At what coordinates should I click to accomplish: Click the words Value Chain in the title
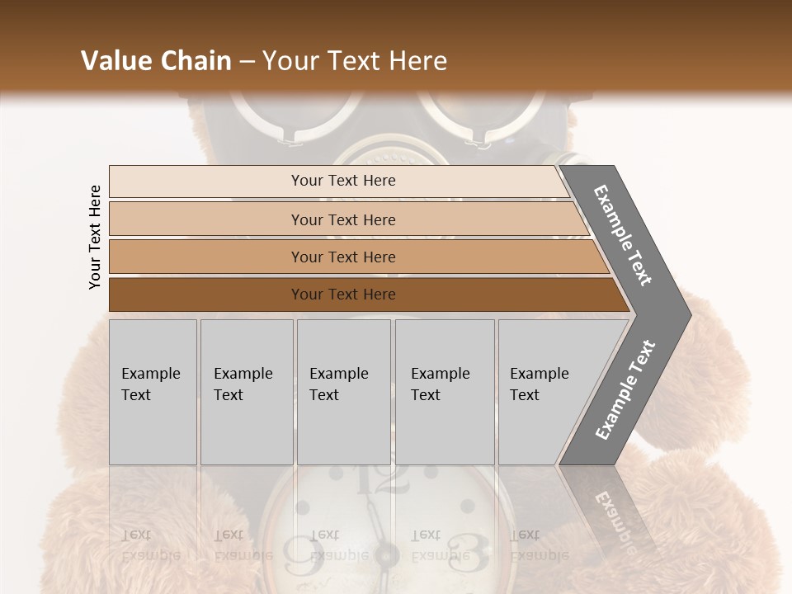(x=156, y=61)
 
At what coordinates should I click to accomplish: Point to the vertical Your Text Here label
(x=95, y=238)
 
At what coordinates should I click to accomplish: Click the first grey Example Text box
(x=153, y=392)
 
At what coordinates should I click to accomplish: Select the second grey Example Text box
(x=246, y=392)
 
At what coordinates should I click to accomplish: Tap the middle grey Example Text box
(x=343, y=392)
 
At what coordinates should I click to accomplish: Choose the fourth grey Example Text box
(x=444, y=392)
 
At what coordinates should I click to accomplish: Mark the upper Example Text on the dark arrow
(x=623, y=235)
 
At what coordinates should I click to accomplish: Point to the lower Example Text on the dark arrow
(x=625, y=390)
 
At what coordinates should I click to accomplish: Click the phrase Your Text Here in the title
(x=355, y=61)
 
